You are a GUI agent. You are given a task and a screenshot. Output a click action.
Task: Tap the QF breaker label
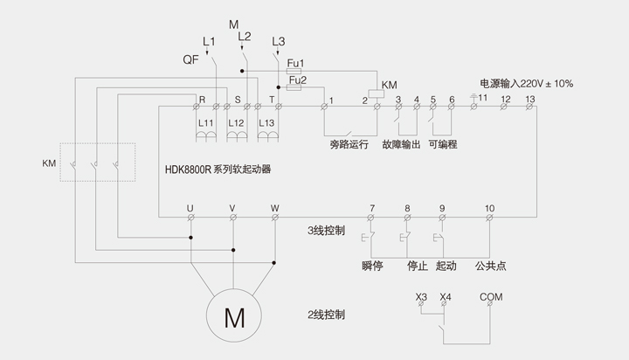coord(190,59)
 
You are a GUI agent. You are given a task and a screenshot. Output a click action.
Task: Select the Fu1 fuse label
coord(295,63)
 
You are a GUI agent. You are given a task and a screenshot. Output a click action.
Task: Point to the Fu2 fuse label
coord(297,79)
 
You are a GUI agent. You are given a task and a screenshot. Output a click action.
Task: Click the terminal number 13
coord(530,99)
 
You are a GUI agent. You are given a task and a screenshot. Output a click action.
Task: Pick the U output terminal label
coord(190,208)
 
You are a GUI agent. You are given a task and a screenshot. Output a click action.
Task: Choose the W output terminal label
coord(274,208)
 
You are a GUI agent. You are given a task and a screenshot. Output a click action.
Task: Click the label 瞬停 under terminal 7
coord(372,266)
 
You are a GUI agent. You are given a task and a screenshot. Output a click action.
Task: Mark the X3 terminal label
coord(422,297)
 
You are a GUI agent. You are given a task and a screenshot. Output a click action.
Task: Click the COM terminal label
coord(491,297)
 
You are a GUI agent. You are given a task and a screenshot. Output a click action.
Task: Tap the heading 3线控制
coord(327,232)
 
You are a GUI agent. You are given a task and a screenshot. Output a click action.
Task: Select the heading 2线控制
coord(327,314)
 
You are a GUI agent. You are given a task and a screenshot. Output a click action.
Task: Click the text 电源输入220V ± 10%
coord(527,83)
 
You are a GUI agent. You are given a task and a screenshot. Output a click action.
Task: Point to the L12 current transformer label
coord(236,123)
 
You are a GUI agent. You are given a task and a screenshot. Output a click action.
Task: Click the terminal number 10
coord(489,208)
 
